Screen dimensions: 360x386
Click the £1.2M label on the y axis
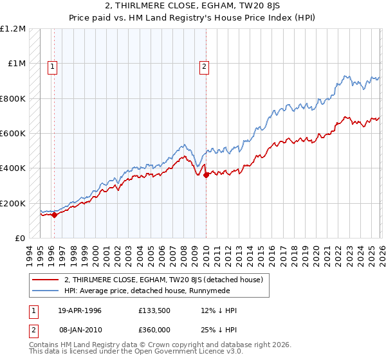click(x=14, y=29)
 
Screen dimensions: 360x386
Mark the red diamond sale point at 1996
click(x=55, y=215)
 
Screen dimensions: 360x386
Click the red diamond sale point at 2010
click(x=206, y=175)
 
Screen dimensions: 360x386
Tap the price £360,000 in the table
click(x=153, y=330)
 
